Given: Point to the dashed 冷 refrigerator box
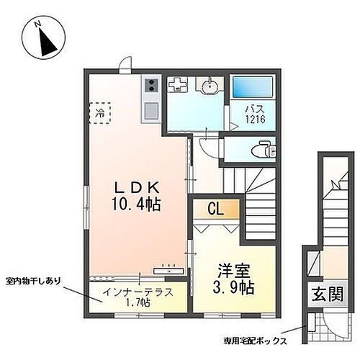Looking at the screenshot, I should [100, 113].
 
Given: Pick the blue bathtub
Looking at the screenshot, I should [251, 89].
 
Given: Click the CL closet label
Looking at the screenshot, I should [215, 210].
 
